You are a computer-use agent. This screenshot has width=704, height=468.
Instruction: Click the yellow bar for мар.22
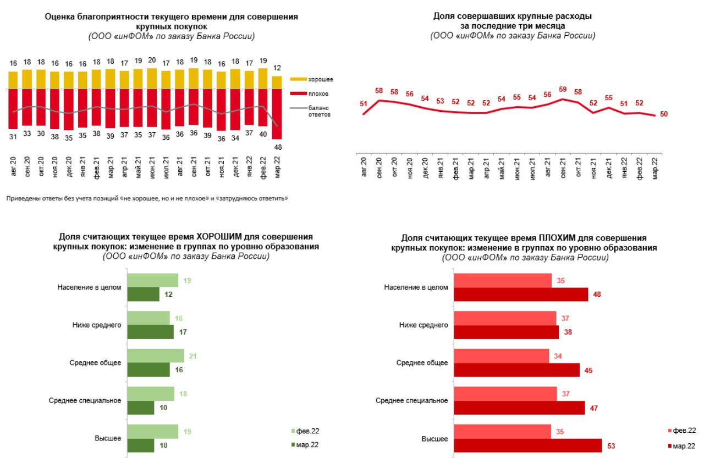click(278, 82)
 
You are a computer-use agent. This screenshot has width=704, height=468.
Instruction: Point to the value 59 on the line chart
click(562, 89)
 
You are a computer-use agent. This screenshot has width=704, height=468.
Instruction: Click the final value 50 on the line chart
click(664, 114)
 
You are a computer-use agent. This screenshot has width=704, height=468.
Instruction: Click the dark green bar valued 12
click(143, 295)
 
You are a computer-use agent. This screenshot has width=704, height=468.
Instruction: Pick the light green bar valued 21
click(156, 356)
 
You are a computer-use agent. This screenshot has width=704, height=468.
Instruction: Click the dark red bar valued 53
click(527, 445)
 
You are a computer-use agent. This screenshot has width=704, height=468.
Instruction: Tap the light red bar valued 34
click(501, 356)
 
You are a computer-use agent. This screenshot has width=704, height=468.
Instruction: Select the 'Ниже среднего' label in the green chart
click(97, 325)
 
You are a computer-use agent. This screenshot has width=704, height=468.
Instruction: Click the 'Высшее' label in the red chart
click(435, 439)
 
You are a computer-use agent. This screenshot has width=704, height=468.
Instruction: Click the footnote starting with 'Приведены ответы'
click(147, 198)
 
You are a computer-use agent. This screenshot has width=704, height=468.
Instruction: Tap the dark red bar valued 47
click(519, 408)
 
